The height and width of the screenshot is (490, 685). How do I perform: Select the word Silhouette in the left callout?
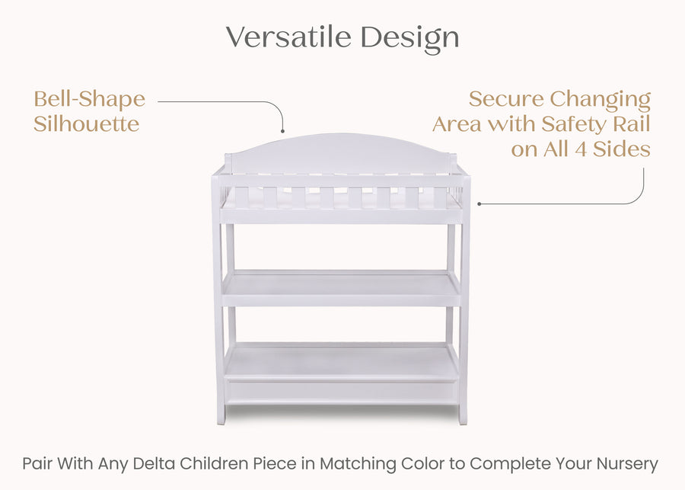click(x=87, y=124)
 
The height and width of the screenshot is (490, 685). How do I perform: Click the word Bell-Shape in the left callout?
click(x=89, y=99)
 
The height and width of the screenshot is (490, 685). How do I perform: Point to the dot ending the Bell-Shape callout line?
click(x=282, y=131)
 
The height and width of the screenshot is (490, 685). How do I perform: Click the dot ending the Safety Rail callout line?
click(x=479, y=203)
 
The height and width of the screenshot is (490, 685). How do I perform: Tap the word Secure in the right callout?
click(x=505, y=99)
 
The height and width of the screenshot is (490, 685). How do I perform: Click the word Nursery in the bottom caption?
click(x=626, y=463)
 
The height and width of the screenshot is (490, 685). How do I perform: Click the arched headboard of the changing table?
click(x=341, y=149)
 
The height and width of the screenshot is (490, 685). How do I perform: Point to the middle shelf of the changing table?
click(x=341, y=287)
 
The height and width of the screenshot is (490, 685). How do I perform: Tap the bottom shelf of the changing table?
click(x=341, y=362)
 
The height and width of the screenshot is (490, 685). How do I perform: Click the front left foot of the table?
click(x=221, y=417)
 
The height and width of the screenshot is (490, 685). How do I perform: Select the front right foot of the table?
click(x=463, y=417)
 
